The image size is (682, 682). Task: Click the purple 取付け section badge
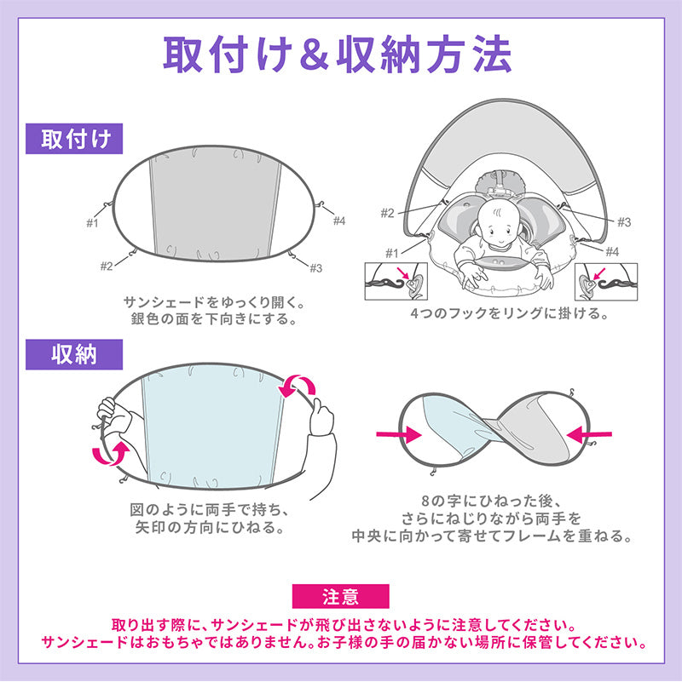(74, 139)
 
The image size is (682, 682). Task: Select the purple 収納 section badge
(74, 355)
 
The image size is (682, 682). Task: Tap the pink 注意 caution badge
(340, 596)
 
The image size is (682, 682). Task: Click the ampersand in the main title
(314, 55)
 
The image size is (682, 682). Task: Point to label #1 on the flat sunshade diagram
(92, 223)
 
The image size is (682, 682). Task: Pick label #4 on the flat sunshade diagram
(339, 221)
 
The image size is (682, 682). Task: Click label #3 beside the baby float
(624, 222)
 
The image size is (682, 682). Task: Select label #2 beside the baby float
(387, 213)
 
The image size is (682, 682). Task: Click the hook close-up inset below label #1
(396, 282)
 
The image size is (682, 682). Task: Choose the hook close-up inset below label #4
(606, 282)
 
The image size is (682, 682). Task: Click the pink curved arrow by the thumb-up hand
(297, 386)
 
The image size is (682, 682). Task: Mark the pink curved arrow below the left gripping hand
(111, 455)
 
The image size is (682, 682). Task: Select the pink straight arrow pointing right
(399, 434)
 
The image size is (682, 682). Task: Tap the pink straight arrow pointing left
(589, 434)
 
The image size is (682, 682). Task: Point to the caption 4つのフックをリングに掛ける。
(509, 313)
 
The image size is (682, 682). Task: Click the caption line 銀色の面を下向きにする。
(214, 319)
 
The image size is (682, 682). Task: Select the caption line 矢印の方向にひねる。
(211, 528)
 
